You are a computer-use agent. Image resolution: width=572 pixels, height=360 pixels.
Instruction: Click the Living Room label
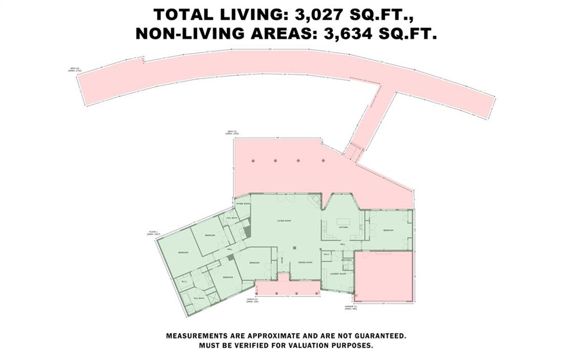pos(285,221)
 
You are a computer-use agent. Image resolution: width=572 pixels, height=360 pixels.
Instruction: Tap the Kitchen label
pos(344,228)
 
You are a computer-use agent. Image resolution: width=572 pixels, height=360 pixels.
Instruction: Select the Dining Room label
pos(304,262)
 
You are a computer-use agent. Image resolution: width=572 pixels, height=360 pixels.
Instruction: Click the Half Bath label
pos(346,260)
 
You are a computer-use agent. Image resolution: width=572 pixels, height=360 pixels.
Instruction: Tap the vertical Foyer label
pos(283,259)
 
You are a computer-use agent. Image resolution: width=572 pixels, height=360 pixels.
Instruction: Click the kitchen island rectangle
pos(344,218)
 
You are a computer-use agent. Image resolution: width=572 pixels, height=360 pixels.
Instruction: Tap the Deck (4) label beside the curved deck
pos(75,69)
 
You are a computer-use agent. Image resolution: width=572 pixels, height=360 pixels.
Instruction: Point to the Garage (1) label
pos(351,307)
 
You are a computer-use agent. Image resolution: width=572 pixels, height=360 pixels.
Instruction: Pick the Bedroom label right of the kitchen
pos(388,230)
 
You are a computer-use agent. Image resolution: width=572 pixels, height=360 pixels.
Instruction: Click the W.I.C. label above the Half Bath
pos(328,254)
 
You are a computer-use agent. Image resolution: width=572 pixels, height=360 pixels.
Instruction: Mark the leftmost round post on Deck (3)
pos(253,161)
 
